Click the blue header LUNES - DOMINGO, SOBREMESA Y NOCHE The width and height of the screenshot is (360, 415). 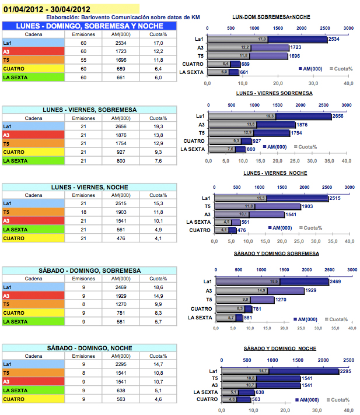90,26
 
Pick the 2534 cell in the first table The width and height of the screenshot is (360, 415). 121,43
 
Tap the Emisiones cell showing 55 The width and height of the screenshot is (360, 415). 83,59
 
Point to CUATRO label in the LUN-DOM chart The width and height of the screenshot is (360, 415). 193,64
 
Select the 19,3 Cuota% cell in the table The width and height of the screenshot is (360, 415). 158,126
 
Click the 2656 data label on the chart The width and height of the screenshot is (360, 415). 337,116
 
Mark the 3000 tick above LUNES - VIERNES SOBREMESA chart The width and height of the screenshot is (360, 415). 348,106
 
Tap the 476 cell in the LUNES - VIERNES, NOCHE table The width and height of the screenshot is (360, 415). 121,238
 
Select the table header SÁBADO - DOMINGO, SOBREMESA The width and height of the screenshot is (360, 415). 89,270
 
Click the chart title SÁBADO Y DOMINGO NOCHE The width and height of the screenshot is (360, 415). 279,348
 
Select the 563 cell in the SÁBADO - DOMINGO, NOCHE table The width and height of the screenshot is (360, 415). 121,399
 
